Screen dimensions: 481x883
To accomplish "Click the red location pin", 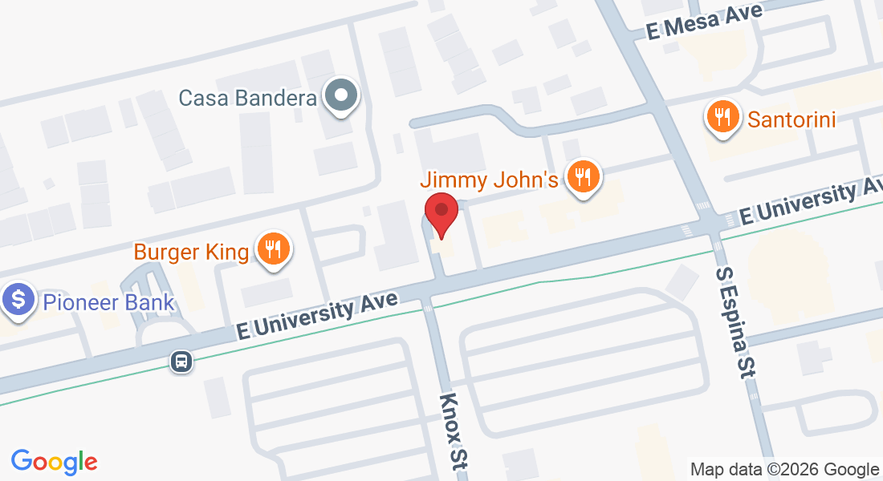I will pyautogui.click(x=441, y=212).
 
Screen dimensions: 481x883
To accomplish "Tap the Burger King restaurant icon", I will pyautogui.click(x=274, y=249).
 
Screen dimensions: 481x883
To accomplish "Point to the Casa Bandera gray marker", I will pyautogui.click(x=342, y=96).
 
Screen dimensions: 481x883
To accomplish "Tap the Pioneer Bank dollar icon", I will pyautogui.click(x=17, y=301).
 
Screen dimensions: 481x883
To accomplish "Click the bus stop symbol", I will pyautogui.click(x=182, y=362).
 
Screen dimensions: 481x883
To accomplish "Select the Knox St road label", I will pyautogui.click(x=454, y=431).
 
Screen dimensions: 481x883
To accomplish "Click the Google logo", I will pyautogui.click(x=54, y=462).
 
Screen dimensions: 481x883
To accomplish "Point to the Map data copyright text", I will pyautogui.click(x=785, y=469).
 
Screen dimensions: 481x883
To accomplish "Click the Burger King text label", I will pyautogui.click(x=191, y=252).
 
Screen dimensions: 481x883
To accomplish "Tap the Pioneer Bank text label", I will pyautogui.click(x=108, y=302).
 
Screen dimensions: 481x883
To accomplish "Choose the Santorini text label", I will pyautogui.click(x=791, y=120).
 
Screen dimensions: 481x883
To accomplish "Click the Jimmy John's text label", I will pyautogui.click(x=489, y=179).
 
